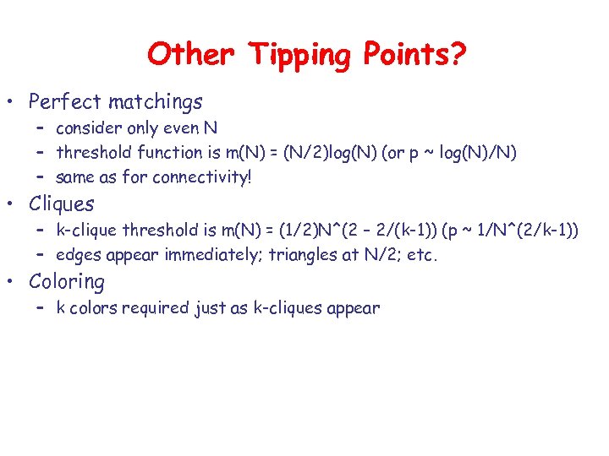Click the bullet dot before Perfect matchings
coord(12,103)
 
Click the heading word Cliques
coord(62,204)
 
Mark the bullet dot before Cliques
coord(12,204)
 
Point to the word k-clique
coord(87,231)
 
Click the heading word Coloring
coord(67,282)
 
